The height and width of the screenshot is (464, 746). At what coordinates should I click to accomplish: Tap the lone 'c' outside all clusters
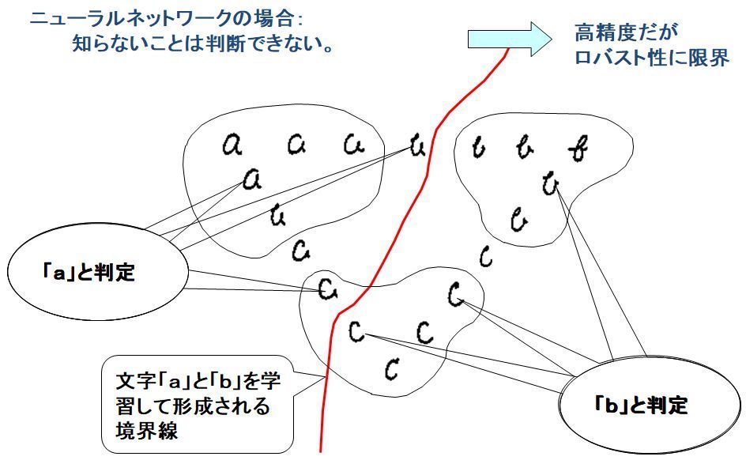coord(486,256)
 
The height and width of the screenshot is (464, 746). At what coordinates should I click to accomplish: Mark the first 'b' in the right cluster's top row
coord(477,147)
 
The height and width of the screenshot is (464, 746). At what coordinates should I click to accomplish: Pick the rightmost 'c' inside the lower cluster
coord(457,296)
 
